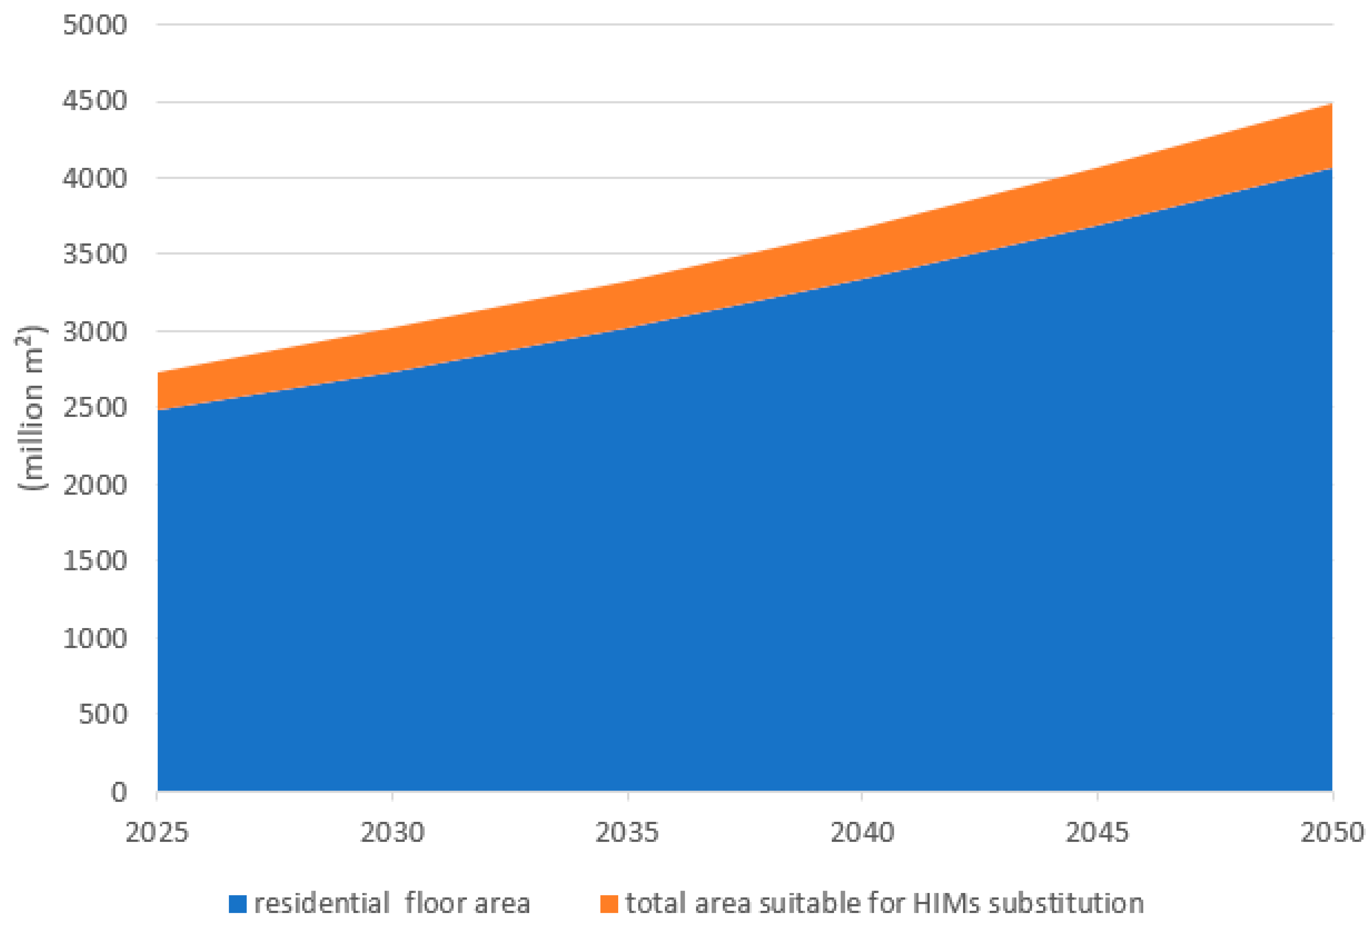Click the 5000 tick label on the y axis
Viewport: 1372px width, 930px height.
(x=94, y=25)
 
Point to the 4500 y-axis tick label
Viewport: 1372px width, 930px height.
(x=94, y=101)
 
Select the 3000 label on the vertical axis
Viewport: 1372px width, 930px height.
(x=94, y=332)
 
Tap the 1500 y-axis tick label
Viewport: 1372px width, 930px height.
(x=94, y=561)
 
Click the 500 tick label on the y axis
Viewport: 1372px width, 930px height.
(x=103, y=714)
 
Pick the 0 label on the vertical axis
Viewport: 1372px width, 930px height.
(x=119, y=792)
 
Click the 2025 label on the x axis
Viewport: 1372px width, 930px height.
(x=157, y=833)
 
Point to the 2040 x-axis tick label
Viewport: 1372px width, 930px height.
(x=862, y=833)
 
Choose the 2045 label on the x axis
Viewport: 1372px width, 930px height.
(x=1097, y=833)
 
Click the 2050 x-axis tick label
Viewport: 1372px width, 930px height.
(x=1332, y=833)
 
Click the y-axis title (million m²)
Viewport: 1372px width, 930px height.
(x=30, y=407)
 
